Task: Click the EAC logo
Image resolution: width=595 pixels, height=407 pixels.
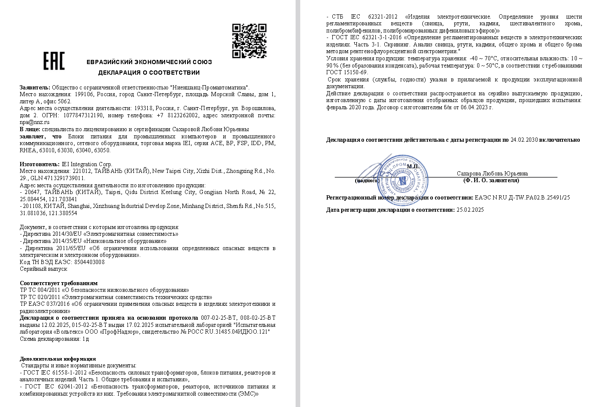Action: [54, 61]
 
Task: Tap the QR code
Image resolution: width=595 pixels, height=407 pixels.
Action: [249, 41]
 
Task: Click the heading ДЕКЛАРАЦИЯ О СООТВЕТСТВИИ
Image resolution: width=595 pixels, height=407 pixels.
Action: [149, 73]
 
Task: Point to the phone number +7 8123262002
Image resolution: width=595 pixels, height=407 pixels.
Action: [177, 115]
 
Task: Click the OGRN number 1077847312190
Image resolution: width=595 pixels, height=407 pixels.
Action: [83, 115]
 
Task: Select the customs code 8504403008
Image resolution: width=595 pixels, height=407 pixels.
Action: [89, 262]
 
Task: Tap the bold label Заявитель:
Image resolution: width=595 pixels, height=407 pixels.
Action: [35, 87]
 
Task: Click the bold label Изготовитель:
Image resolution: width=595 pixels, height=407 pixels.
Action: [40, 164]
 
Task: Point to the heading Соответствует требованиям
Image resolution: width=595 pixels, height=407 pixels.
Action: [59, 283]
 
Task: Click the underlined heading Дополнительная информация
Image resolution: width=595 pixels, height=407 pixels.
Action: [58, 358]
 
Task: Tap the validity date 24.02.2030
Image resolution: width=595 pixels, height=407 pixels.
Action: [524, 140]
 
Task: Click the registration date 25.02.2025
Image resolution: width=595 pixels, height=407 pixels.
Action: [470, 210]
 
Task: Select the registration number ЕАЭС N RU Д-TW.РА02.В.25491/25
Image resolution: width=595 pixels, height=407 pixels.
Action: [522, 197]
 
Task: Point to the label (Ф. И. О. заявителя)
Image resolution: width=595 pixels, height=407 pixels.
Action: [491, 181]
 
